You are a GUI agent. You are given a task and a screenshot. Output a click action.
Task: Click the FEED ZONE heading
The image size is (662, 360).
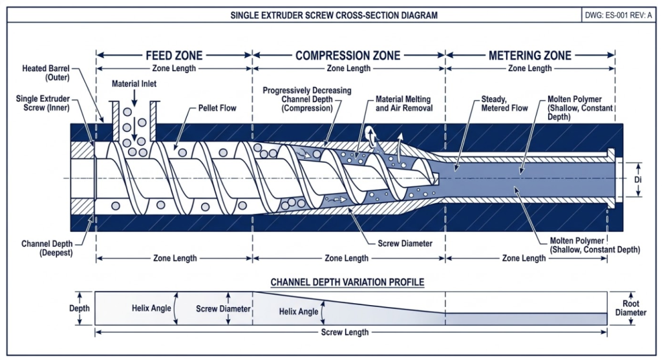coord(174,56)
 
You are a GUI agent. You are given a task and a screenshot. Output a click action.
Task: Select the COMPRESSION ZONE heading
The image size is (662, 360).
coord(348,56)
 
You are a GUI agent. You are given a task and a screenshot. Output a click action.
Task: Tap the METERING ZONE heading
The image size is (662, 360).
coord(530,56)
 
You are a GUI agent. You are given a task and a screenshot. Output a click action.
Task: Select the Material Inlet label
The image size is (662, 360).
coord(134,84)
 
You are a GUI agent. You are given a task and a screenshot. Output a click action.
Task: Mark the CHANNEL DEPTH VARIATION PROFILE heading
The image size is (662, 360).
coord(347,282)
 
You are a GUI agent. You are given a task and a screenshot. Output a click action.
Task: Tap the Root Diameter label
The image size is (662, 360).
coord(630,308)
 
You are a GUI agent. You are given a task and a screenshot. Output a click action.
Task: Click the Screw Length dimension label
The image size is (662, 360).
coord(345,332)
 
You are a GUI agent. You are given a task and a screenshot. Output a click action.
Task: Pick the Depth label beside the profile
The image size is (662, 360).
coord(80,309)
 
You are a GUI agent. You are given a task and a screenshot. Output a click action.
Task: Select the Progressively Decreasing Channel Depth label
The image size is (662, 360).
coord(307,99)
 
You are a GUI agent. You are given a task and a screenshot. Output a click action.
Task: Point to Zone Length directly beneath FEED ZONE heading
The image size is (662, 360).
coord(174,68)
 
